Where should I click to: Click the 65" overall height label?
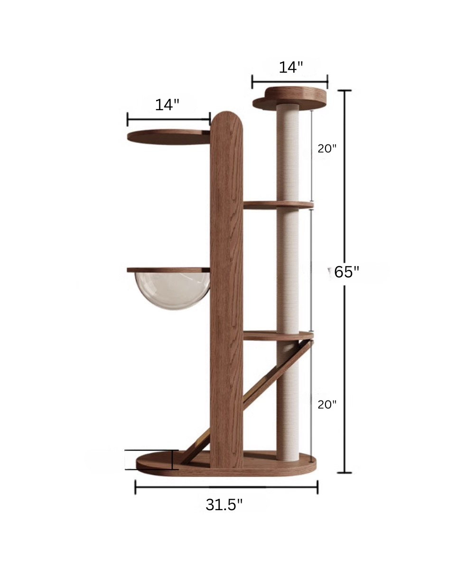[346, 272]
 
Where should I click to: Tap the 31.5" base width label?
[224, 504]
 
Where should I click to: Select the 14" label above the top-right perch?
[290, 67]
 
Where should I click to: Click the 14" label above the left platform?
[167, 105]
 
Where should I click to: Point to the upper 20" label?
[327, 148]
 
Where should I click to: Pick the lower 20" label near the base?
[327, 404]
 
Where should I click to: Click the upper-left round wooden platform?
[168, 137]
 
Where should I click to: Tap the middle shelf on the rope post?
[278, 205]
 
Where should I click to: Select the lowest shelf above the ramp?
[278, 335]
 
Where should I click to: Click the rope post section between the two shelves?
[288, 268]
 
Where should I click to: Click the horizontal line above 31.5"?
[226, 487]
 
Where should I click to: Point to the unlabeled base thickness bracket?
[151, 459]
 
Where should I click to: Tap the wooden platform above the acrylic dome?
[168, 270]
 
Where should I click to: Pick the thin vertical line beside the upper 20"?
[312, 157]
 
